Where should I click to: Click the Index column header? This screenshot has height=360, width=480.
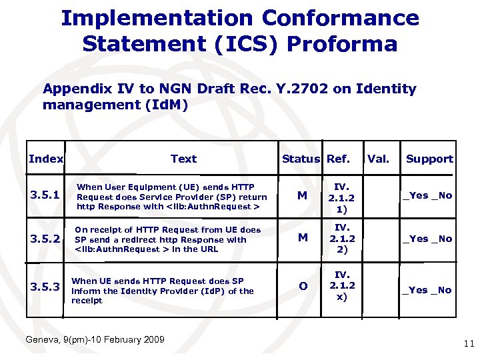click(x=46, y=159)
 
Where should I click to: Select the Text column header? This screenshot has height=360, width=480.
click(x=183, y=159)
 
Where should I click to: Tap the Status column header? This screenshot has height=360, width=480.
click(x=301, y=159)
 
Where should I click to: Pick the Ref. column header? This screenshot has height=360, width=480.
click(x=339, y=159)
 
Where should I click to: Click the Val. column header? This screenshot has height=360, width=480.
click(x=378, y=159)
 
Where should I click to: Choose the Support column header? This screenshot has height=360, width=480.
click(x=429, y=159)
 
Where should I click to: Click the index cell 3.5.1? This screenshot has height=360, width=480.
click(x=46, y=196)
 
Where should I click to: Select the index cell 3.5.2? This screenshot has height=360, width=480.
click(x=46, y=239)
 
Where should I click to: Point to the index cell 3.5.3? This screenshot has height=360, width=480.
click(x=46, y=286)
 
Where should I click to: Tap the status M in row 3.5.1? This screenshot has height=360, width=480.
click(x=303, y=196)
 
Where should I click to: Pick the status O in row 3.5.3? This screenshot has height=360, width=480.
click(x=303, y=286)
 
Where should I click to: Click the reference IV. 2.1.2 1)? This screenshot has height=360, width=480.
click(x=341, y=197)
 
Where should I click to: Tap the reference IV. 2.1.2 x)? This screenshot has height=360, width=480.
click(x=341, y=286)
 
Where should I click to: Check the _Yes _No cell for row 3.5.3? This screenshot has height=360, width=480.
click(x=427, y=290)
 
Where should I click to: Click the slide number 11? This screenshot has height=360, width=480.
click(x=467, y=344)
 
